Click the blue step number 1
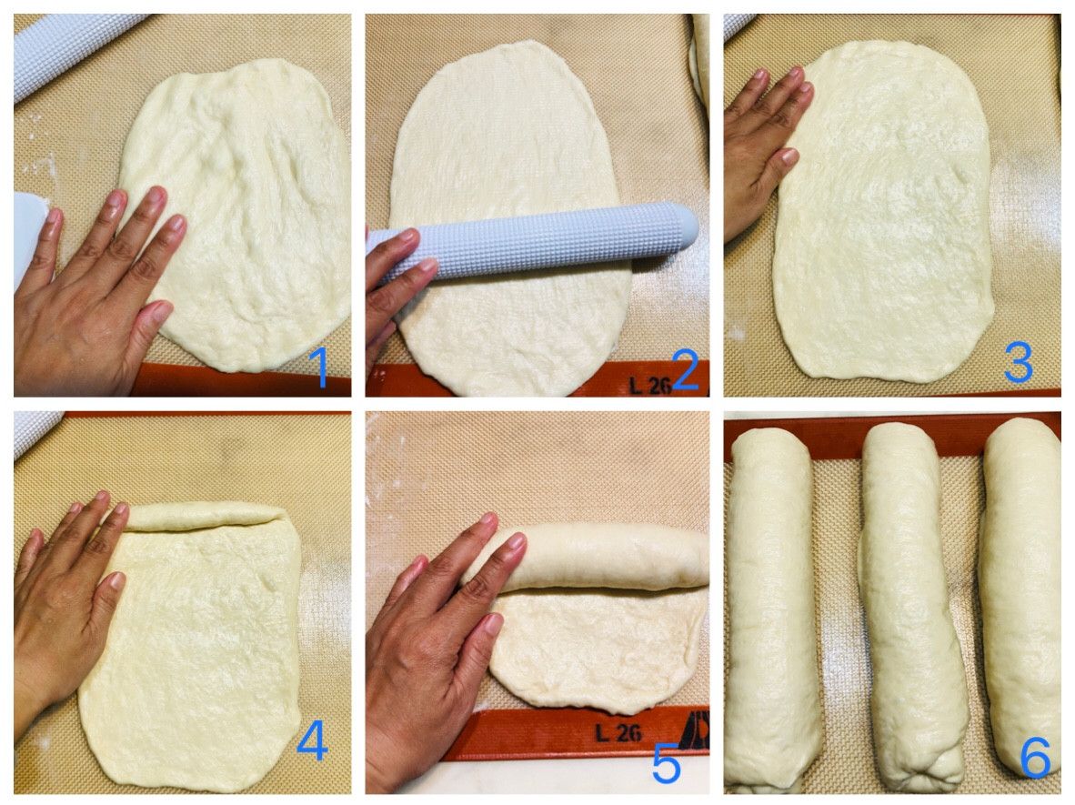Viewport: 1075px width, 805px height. (320, 368)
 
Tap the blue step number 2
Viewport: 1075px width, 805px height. (686, 369)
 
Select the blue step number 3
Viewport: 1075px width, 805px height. (1018, 363)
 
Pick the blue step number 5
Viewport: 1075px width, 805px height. (666, 763)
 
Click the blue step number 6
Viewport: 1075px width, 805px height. (1035, 758)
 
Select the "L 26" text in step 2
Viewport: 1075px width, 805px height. (649, 385)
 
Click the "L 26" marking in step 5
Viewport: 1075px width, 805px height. (618, 733)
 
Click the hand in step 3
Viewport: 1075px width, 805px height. (761, 151)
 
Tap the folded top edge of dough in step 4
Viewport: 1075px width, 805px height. (206, 516)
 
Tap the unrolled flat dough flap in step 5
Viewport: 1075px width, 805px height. (597, 648)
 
